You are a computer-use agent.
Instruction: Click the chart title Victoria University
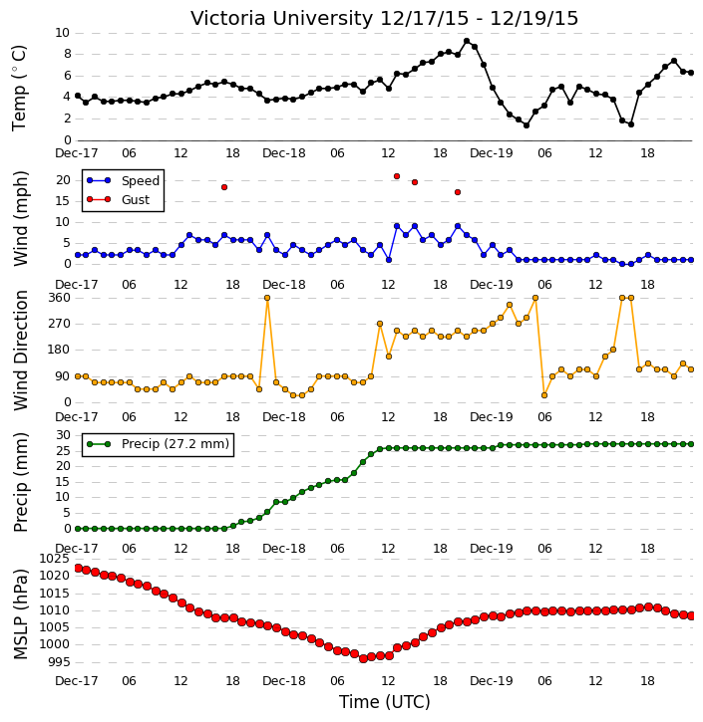[x=281, y=19]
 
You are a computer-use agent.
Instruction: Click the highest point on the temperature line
[x=467, y=41]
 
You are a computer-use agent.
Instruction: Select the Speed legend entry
[x=123, y=180]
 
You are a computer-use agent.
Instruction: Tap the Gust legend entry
[x=118, y=199]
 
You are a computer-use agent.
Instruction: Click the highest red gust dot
[x=397, y=176]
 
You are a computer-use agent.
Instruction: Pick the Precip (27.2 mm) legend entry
[x=158, y=444]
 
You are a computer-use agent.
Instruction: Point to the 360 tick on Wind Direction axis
[x=60, y=298]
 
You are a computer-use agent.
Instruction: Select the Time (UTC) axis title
[x=385, y=702]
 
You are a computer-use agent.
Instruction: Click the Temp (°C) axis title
[x=19, y=88]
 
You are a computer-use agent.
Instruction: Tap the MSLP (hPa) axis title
[x=20, y=614]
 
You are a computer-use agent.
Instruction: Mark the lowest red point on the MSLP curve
[x=363, y=658]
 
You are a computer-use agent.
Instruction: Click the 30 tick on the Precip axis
[x=63, y=435]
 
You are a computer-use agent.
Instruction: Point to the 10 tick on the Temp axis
[x=62, y=33]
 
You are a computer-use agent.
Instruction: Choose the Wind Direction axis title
[x=20, y=351]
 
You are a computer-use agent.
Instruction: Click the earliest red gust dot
[x=224, y=187]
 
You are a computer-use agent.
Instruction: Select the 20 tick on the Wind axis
[x=63, y=180]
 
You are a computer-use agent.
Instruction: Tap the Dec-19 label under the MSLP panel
[x=492, y=680]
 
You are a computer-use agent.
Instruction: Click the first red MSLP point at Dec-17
[x=79, y=569]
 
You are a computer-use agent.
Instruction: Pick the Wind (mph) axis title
[x=20, y=218]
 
